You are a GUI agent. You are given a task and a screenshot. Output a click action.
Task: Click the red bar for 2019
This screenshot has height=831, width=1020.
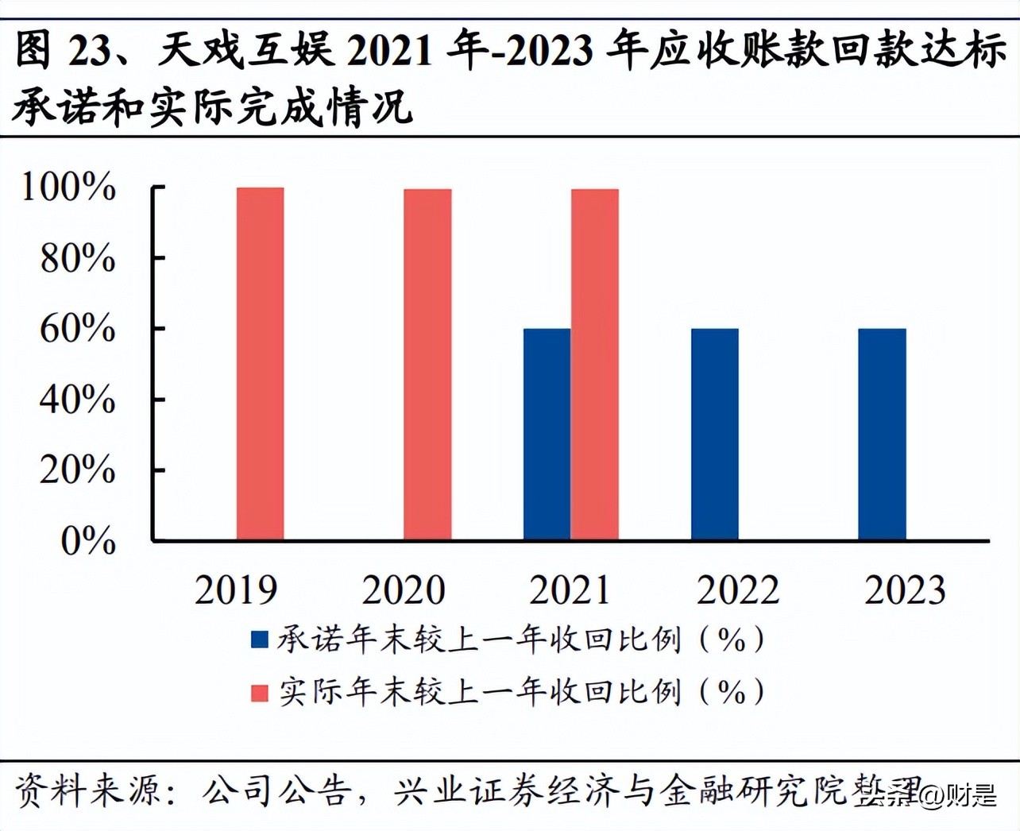pos(260,364)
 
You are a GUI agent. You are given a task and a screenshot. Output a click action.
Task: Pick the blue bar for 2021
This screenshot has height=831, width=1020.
pos(547,434)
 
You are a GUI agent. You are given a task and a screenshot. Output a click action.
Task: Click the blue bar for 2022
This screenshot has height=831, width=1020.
pos(714,434)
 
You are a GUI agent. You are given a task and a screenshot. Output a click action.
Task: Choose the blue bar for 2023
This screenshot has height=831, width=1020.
pos(882,434)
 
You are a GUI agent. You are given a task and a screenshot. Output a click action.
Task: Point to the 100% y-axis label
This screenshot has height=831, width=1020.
pos(68,187)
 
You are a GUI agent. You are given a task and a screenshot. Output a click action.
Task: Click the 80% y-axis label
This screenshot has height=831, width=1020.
pos(77,258)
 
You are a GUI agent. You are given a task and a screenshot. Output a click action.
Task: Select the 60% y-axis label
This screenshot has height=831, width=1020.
pos(77,328)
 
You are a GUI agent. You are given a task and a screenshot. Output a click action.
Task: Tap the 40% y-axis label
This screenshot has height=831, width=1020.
pos(77,399)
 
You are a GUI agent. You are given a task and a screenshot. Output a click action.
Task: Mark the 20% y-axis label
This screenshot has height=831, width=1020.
pos(77,470)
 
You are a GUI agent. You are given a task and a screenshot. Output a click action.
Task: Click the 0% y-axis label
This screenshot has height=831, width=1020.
pos(87,541)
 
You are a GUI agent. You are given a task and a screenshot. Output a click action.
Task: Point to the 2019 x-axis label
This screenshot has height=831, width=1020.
pos(236,590)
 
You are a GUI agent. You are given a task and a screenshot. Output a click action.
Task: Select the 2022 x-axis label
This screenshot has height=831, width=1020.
pos(738,590)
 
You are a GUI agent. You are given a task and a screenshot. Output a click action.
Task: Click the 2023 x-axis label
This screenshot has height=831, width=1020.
pos(905,590)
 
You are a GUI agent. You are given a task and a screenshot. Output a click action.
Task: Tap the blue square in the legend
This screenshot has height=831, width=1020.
pos(259,640)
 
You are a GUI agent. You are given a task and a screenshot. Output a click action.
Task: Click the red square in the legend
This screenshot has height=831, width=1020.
pos(259,693)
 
